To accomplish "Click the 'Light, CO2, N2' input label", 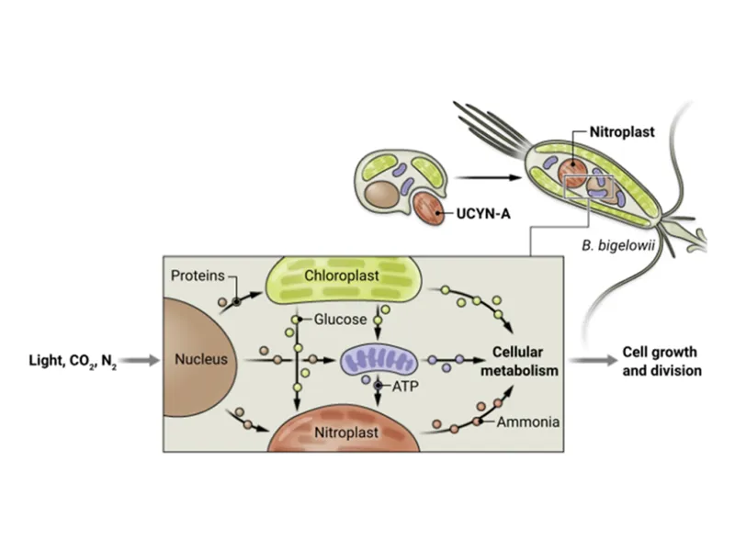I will pos(73,360).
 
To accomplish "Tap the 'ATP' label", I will pos(404,387).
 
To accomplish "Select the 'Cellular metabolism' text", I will pos(520,361).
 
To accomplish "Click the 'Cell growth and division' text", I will pos(660,361).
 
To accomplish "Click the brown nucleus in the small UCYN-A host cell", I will pos(378,194).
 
